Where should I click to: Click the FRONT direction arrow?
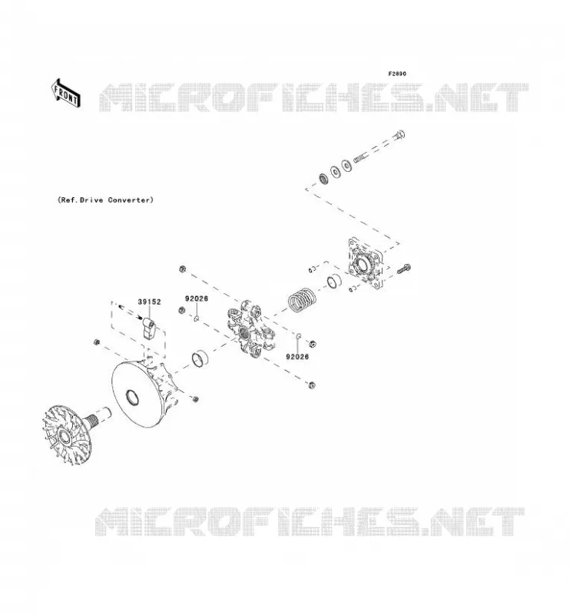pyautogui.click(x=66, y=93)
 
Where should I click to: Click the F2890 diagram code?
pyautogui.click(x=397, y=74)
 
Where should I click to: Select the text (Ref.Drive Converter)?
pyautogui.click(x=105, y=200)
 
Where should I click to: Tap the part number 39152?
pyautogui.click(x=149, y=302)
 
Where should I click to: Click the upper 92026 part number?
pyautogui.click(x=197, y=299)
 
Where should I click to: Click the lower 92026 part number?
pyautogui.click(x=297, y=357)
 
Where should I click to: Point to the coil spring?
pyautogui.click(x=301, y=300)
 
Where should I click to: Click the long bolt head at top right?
pyautogui.click(x=399, y=136)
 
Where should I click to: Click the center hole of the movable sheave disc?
pyautogui.click(x=131, y=397)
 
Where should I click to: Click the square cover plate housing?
pyautogui.click(x=366, y=263)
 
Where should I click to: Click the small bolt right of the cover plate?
pyautogui.click(x=404, y=269)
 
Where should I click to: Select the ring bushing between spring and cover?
pyautogui.click(x=334, y=281)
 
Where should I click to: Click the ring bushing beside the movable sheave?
pyautogui.click(x=200, y=358)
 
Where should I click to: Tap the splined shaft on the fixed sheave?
pyautogui.click(x=99, y=417)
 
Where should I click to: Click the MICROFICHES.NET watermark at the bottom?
pyautogui.click(x=310, y=521)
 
